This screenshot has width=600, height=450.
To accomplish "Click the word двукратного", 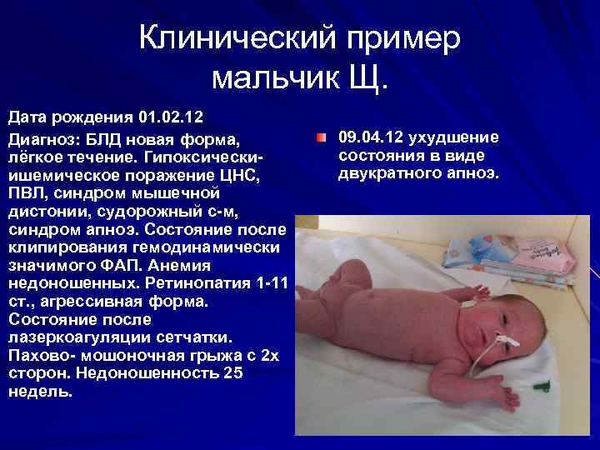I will click(389, 173).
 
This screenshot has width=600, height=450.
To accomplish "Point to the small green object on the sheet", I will click(544, 384).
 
